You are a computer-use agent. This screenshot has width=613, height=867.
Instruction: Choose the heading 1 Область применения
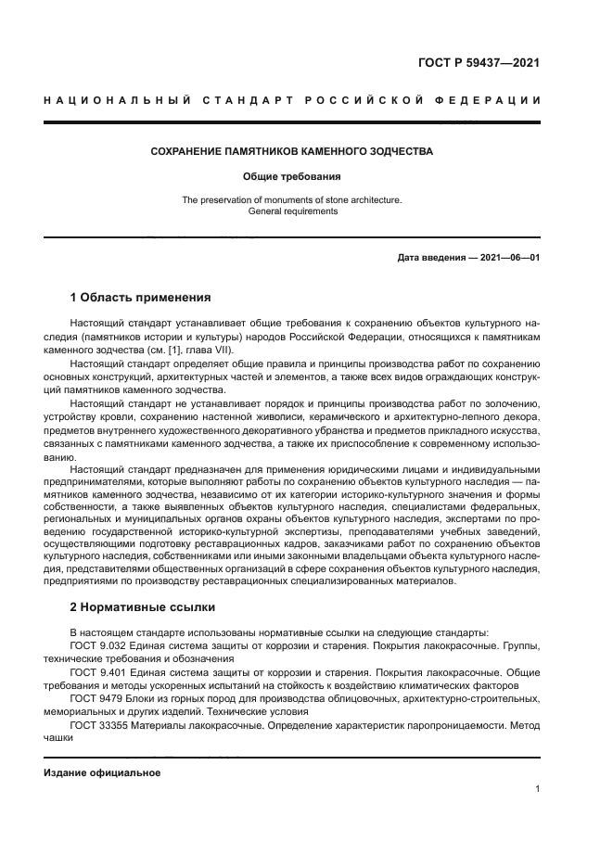point(141,298)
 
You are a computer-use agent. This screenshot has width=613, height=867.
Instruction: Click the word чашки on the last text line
point(57,738)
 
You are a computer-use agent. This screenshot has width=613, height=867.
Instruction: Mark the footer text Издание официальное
point(102,772)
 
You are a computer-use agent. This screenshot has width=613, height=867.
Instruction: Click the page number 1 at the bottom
point(537,789)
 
